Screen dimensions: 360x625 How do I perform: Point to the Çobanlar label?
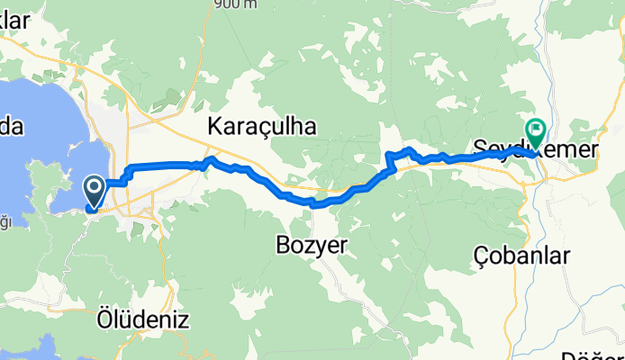pyautogui.click(x=521, y=256)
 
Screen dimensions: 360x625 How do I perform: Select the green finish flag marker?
pyautogui.click(x=537, y=132)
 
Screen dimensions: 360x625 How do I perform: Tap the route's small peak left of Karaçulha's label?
pyautogui.click(x=211, y=158)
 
